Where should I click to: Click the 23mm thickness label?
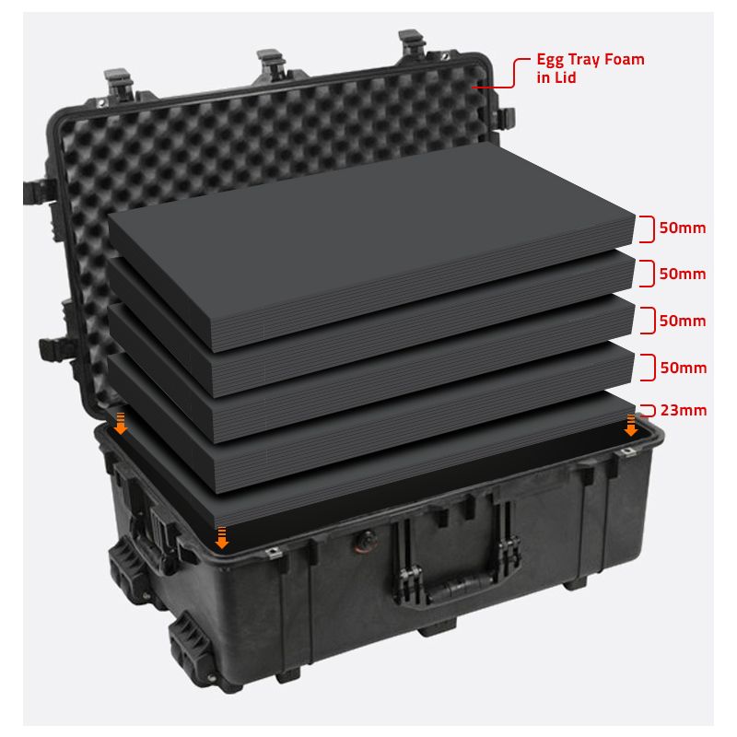(684, 410)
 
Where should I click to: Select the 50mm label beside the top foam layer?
(683, 228)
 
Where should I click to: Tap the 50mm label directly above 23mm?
(684, 368)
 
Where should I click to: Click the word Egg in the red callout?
(550, 61)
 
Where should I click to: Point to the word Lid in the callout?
(566, 77)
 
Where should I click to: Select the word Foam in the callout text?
(625, 59)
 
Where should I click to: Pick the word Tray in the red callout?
(584, 61)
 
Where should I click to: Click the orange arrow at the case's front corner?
(221, 538)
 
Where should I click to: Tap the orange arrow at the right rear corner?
(631, 426)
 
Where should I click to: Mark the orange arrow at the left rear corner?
(121, 424)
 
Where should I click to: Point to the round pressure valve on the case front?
(366, 540)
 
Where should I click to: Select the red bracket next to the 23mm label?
(649, 410)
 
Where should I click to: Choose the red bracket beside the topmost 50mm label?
(649, 228)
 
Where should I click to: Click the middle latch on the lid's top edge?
(271, 64)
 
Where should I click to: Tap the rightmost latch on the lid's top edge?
(412, 43)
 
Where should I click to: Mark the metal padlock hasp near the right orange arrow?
(627, 452)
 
